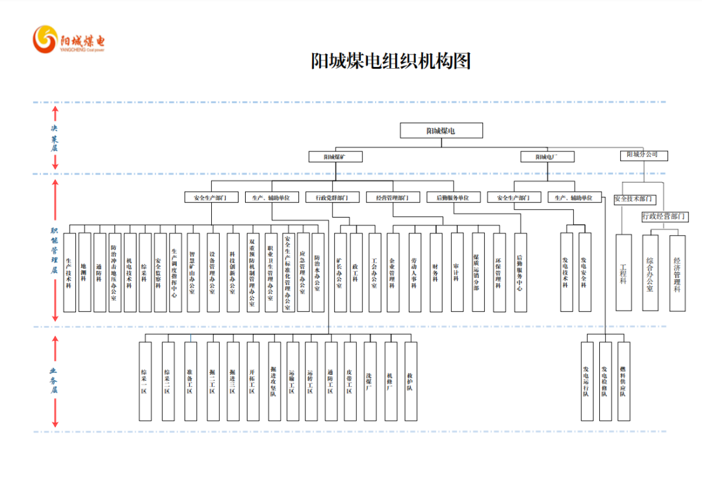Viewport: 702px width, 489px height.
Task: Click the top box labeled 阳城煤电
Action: coord(441,131)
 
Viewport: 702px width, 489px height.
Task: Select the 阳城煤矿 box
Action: coord(335,157)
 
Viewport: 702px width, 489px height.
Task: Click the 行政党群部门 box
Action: coord(332,197)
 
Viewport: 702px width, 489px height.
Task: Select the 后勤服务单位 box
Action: coord(452,197)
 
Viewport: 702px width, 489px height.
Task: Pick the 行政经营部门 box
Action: coord(664,216)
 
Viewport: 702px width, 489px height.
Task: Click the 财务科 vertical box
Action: coord(435,273)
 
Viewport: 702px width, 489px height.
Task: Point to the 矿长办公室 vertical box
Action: coord(339,273)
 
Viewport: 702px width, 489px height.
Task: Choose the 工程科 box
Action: coord(623,273)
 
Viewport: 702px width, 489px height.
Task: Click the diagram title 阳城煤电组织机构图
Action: coord(390,62)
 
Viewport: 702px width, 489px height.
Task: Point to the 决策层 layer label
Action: coord(55,138)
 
